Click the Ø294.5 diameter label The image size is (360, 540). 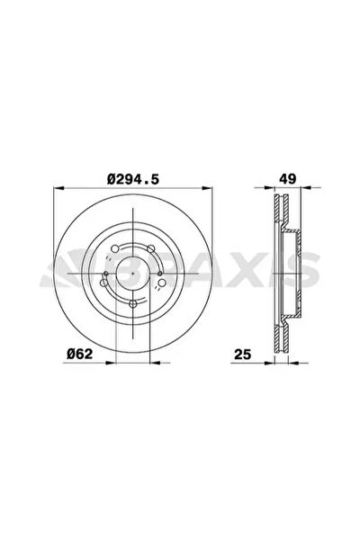click(x=133, y=179)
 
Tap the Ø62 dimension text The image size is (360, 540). click(x=79, y=354)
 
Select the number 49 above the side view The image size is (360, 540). click(x=288, y=179)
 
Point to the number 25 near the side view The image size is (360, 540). click(x=242, y=354)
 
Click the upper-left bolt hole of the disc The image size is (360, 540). click(x=115, y=248)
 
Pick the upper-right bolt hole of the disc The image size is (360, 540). click(x=150, y=248)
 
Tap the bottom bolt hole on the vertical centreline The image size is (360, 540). click(x=133, y=304)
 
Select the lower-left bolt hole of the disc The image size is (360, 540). click(x=103, y=283)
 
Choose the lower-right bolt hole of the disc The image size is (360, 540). click(x=162, y=283)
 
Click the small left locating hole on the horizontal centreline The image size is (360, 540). click(x=106, y=274)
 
